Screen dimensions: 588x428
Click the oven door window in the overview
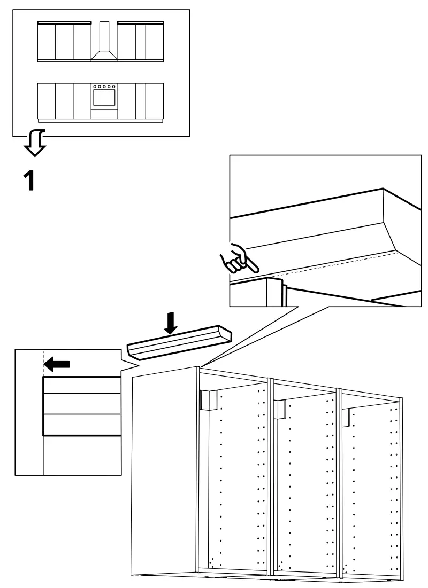click(104, 98)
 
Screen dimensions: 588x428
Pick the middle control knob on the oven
click(104, 85)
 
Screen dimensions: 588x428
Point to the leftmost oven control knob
click(95, 85)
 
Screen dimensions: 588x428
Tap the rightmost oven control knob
click(113, 85)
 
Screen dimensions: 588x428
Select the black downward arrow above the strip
click(171, 323)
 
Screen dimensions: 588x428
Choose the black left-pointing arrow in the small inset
click(57, 364)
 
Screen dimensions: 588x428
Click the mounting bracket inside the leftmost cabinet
click(208, 399)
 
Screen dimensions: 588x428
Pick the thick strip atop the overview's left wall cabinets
click(64, 22)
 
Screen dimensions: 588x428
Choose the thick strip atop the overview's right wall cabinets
click(140, 22)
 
